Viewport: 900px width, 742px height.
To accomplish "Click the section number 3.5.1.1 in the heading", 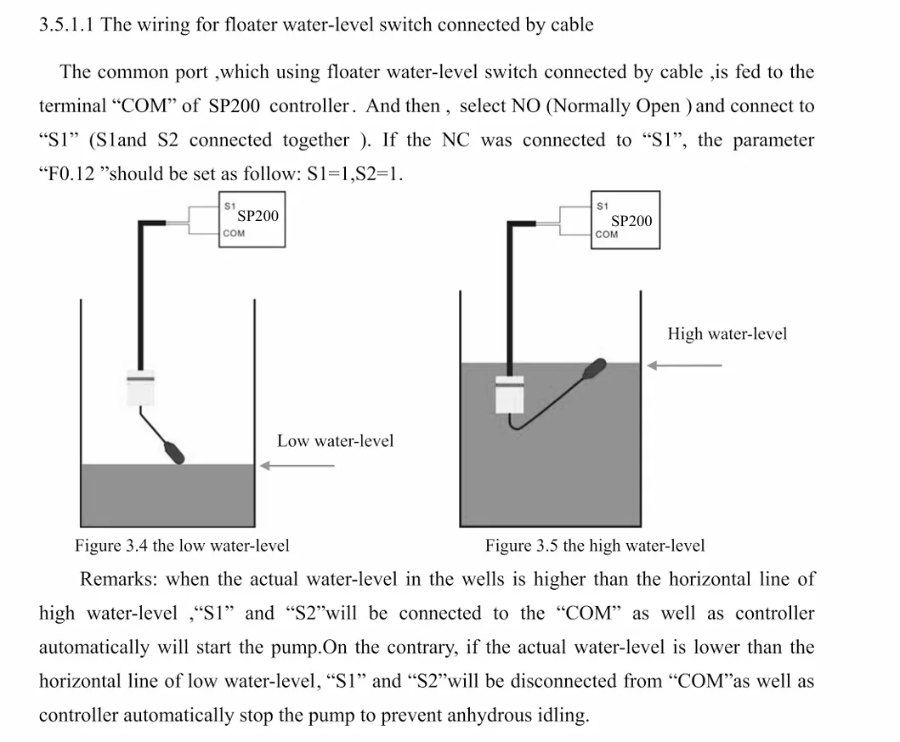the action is (x=66, y=25).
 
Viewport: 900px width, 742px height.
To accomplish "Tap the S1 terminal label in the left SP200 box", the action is (x=229, y=206).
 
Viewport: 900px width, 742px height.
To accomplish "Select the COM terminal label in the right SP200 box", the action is (x=607, y=234).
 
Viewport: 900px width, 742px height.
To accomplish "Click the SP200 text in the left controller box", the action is (x=258, y=216).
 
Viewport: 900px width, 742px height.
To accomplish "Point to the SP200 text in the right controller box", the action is (x=631, y=221).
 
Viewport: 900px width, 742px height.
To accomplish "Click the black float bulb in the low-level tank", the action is (x=174, y=451).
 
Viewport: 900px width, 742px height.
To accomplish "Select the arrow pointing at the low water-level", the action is (x=297, y=466).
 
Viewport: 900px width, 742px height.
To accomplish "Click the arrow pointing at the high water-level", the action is (x=684, y=365).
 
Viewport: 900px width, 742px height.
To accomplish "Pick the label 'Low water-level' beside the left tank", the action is (x=335, y=441).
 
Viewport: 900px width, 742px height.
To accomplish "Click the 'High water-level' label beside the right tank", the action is (x=727, y=334).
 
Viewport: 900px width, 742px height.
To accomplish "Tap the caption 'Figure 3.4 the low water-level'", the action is (x=182, y=545).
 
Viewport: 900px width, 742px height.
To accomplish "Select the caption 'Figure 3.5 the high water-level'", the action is (x=595, y=545).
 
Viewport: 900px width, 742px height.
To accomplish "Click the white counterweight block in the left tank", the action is (x=140, y=388).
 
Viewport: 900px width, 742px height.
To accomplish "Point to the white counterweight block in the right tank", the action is (x=510, y=394).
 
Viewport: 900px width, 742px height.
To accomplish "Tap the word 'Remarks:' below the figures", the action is (x=118, y=579).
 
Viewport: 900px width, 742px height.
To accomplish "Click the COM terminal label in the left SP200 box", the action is (x=234, y=233).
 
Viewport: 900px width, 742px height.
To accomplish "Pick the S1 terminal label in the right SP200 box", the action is (x=602, y=206).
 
